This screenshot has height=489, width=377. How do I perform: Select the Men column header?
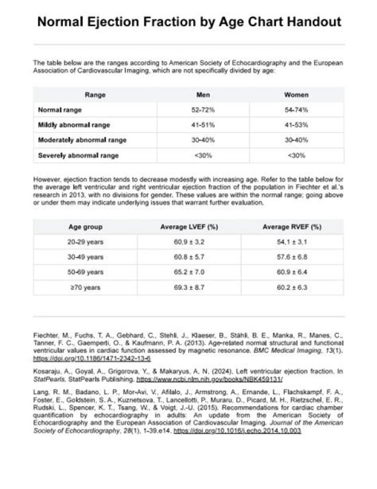[x=203, y=95]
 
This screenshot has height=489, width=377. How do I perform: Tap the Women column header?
[x=296, y=95]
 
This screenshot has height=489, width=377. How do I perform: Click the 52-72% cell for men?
[x=203, y=110]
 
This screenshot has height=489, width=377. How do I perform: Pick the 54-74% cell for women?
[x=296, y=110]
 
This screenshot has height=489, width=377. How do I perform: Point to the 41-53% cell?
[x=296, y=125]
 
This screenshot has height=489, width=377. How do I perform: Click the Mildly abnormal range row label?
[x=74, y=125]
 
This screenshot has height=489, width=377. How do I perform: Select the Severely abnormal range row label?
[x=78, y=156]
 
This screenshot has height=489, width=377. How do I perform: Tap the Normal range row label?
[x=60, y=110]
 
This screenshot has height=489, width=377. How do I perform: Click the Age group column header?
[x=85, y=227]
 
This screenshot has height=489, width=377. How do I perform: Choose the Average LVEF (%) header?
[x=188, y=227]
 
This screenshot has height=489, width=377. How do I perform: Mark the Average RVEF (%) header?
[x=291, y=227]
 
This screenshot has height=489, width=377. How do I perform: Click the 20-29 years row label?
[x=85, y=242]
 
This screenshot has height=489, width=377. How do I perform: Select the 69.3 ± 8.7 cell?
[x=188, y=288]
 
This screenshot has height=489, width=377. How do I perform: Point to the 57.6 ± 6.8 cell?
[x=291, y=257]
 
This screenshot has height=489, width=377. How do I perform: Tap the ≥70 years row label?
[x=85, y=288]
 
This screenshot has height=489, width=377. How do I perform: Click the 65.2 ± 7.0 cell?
[x=188, y=273]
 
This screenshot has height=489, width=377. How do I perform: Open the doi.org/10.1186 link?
[x=92, y=358]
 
